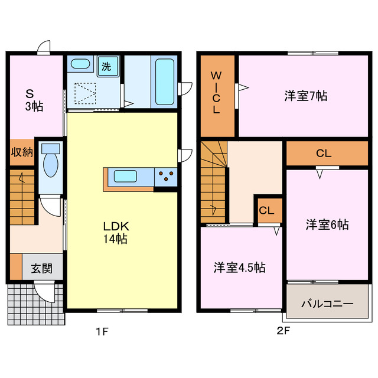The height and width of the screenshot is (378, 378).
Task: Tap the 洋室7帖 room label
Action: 306,95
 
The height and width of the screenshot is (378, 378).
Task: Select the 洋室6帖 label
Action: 327,224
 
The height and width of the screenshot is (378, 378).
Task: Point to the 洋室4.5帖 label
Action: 239,268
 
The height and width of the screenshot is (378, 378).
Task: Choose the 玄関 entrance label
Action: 42,268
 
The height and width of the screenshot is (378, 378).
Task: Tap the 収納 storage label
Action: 22,152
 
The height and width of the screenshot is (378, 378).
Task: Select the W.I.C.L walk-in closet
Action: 217,93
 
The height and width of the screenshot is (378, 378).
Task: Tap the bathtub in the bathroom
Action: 163,82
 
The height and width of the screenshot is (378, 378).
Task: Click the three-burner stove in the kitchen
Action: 166,175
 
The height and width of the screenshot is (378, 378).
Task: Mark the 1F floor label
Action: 102,331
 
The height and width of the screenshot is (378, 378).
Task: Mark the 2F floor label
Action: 283,331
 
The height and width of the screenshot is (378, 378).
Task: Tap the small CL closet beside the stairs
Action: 268,210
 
